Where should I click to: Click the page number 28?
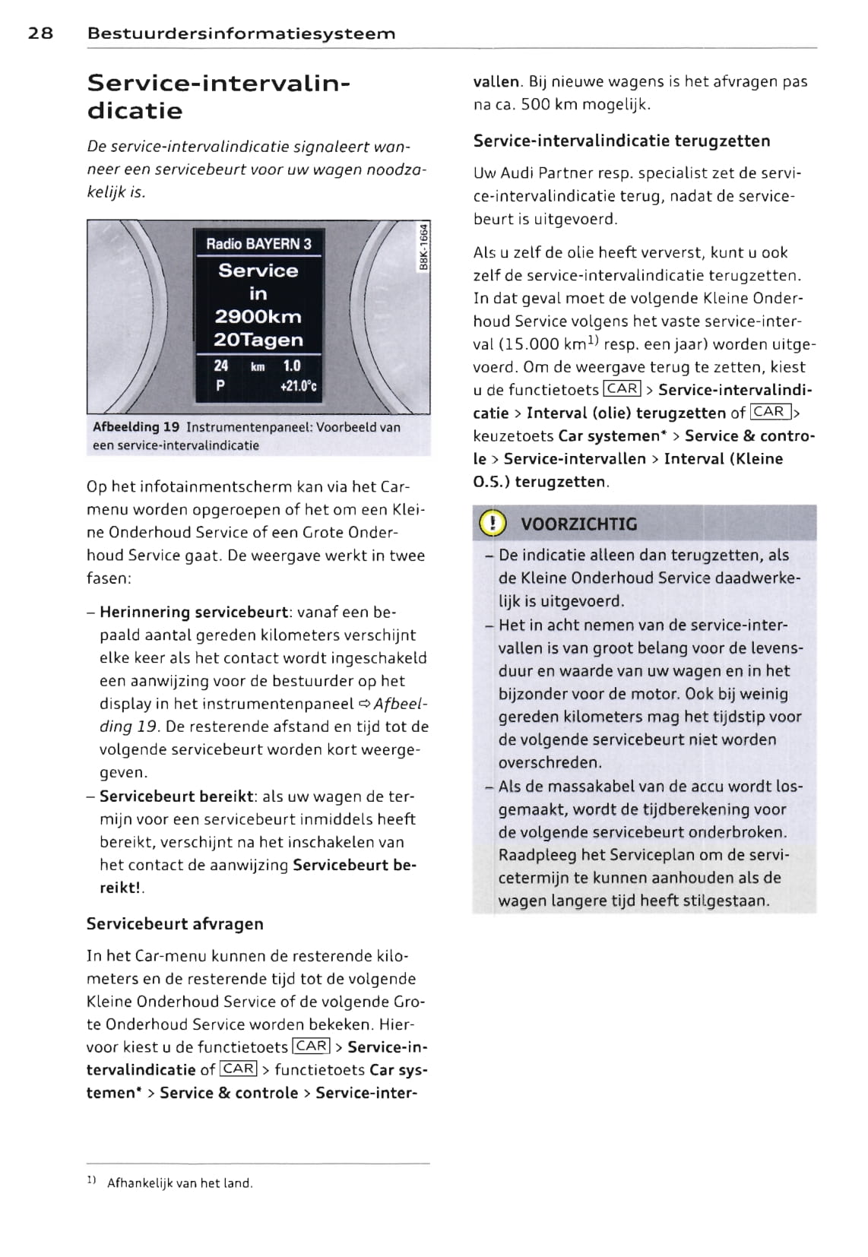tap(40, 33)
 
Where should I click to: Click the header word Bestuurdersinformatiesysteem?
tap(241, 33)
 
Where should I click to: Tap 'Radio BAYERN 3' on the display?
tap(258, 244)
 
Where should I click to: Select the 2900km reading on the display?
tap(258, 317)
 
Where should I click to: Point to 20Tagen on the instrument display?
tap(258, 340)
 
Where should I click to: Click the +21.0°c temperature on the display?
tap(298, 386)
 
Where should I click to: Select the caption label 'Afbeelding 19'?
tap(136, 427)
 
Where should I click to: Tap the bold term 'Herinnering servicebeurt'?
tap(194, 613)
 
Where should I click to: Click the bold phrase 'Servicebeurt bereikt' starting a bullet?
tap(176, 796)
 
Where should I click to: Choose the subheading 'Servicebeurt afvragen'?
tap(175, 924)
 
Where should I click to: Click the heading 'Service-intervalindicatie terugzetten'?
tap(621, 141)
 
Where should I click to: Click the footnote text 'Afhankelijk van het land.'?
tap(180, 1183)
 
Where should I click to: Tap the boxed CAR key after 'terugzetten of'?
tap(770, 412)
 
